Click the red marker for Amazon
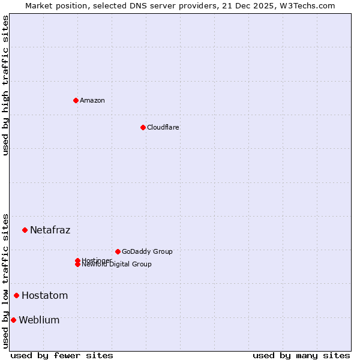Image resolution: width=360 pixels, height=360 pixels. pyautogui.click(x=76, y=100)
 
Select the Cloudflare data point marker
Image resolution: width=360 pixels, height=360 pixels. pyautogui.click(x=143, y=127)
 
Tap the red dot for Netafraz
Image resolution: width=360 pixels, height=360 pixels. pyautogui.click(x=25, y=230)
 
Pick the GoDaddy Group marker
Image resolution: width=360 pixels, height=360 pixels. pyautogui.click(x=118, y=251)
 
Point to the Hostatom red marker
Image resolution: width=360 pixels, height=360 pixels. pyautogui.click(x=16, y=295)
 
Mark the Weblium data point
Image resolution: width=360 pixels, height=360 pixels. pyautogui.click(x=13, y=320)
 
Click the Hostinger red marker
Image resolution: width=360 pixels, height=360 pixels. pyautogui.click(x=77, y=260)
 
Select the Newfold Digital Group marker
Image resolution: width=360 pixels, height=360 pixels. pyautogui.click(x=77, y=265)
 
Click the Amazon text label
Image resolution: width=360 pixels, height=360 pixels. pyautogui.click(x=92, y=100)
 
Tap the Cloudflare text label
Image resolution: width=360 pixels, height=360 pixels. pyautogui.click(x=163, y=127)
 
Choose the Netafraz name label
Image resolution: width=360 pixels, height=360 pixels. pyautogui.click(x=50, y=230)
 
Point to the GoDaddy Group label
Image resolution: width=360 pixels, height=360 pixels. pyautogui.click(x=147, y=251)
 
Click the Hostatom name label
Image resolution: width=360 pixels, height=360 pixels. pyautogui.click(x=45, y=295)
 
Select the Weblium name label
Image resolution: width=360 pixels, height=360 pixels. pyautogui.click(x=40, y=320)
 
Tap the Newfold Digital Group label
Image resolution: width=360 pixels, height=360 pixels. pyautogui.click(x=117, y=265)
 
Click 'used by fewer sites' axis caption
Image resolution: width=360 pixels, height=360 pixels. pyautogui.click(x=62, y=355)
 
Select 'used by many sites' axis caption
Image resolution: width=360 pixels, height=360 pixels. pyautogui.click(x=301, y=355)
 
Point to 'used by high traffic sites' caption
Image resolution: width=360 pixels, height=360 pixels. pyautogui.click(x=5, y=85)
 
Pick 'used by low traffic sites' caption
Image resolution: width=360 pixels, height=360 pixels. pyautogui.click(x=5, y=280)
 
